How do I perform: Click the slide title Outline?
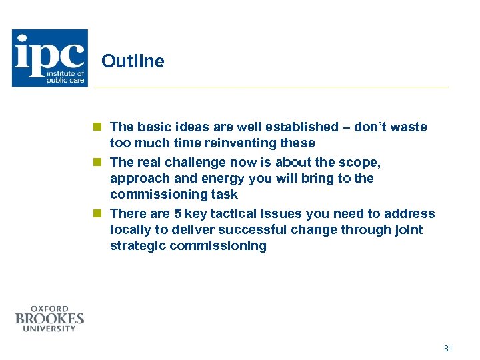click(x=133, y=61)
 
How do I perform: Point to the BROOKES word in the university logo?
click(x=49, y=319)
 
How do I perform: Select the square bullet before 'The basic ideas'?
click(x=97, y=127)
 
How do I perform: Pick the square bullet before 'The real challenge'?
click(x=97, y=162)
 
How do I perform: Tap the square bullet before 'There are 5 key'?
click(x=97, y=214)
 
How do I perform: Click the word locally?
click(x=131, y=230)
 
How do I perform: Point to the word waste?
click(x=409, y=127)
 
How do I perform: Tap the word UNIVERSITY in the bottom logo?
click(x=49, y=329)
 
